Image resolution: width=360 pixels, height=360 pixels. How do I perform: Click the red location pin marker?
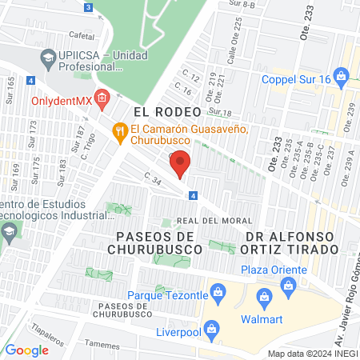click(181, 163)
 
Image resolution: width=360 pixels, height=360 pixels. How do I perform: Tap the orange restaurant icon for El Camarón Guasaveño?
click(120, 130)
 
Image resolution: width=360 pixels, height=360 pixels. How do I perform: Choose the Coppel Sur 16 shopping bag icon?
click(342, 78)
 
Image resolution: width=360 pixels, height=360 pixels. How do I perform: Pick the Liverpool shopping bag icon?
click(211, 328)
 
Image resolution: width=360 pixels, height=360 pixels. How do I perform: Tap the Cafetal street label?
click(82, 36)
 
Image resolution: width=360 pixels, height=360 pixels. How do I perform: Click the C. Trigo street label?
click(88, 138)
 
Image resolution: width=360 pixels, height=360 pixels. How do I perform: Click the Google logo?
click(26, 350)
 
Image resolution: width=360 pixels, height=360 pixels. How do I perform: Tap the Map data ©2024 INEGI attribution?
click(313, 354)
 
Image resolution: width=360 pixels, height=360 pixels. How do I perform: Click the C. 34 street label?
click(153, 181)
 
